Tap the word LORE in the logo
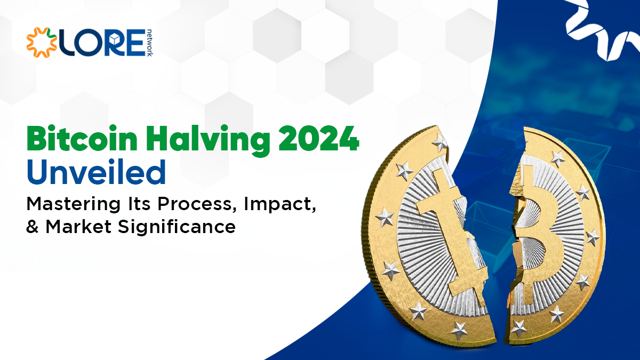(101, 43)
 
